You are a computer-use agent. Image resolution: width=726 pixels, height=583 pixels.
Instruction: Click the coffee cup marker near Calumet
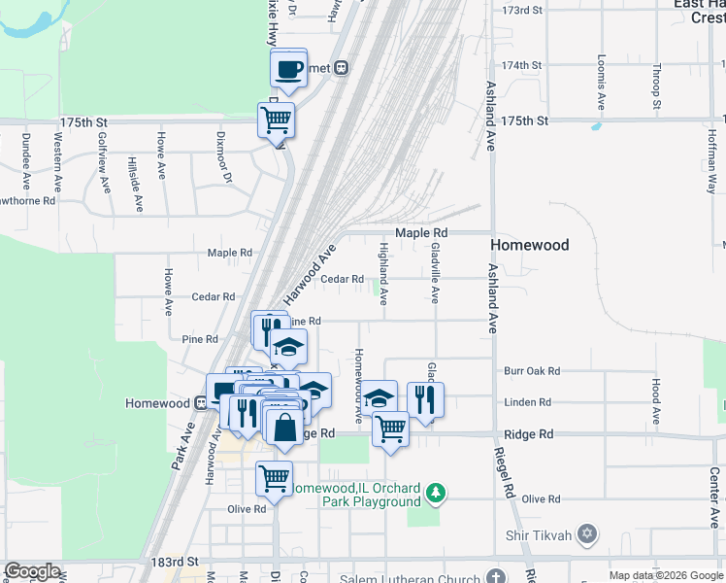(x=288, y=69)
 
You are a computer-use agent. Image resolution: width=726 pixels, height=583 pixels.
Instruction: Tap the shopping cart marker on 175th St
(x=276, y=120)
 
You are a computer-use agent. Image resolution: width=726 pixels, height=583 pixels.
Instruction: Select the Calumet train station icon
(x=342, y=68)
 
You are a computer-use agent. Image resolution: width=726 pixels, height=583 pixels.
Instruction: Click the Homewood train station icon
(x=200, y=403)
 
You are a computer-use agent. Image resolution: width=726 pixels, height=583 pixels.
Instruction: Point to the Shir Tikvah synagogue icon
(x=585, y=533)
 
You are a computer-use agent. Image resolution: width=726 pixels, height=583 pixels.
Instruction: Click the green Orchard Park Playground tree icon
(x=438, y=494)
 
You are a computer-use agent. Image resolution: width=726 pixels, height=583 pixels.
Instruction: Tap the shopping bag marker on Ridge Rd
(x=285, y=428)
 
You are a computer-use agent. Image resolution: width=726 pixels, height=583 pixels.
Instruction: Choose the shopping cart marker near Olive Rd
(x=274, y=478)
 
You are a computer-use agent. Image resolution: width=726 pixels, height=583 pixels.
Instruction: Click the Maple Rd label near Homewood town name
(x=420, y=233)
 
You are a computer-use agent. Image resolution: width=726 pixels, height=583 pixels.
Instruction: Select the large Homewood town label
(x=529, y=245)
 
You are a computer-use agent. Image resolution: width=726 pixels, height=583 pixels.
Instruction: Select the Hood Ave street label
(x=656, y=401)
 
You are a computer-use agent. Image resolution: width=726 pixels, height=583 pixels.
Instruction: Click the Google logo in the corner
(x=31, y=571)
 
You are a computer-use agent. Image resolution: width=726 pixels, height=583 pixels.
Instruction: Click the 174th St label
(x=521, y=65)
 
